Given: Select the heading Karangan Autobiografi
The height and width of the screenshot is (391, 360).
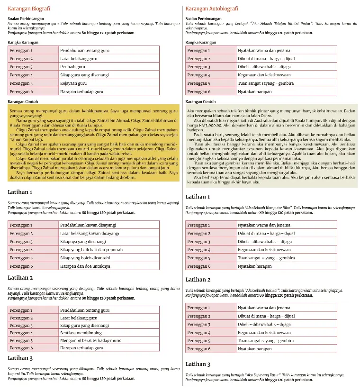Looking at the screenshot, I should pyautogui.click(x=212, y=9).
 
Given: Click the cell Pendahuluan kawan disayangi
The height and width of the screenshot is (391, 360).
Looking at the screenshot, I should pyautogui.click(x=88, y=225).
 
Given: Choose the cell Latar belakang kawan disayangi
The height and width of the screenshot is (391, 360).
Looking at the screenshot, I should pyautogui.click(x=90, y=233).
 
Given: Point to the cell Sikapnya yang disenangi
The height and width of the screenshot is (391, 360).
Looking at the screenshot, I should pyautogui.click(x=83, y=241).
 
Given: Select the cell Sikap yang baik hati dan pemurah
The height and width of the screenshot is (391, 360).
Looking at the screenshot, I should pyautogui.click(x=91, y=249).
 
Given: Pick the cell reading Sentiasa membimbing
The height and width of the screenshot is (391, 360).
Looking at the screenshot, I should pyautogui.click(x=81, y=333).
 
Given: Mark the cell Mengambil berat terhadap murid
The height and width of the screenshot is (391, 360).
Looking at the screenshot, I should pyautogui.click(x=91, y=340).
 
